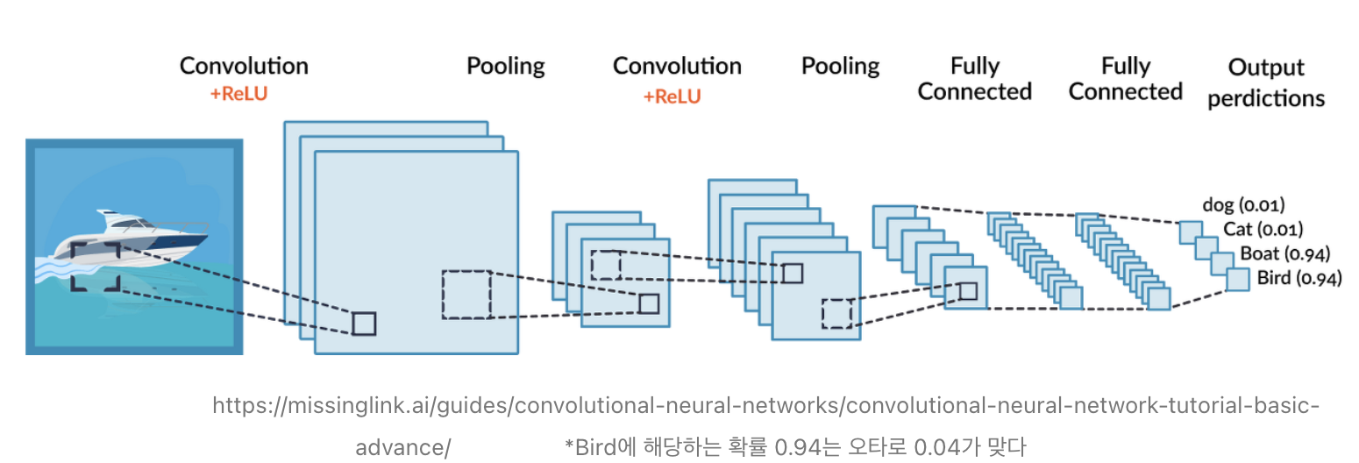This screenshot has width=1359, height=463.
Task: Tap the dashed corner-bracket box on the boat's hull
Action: coord(95,267)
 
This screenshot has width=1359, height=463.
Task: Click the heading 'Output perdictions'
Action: coord(1265,82)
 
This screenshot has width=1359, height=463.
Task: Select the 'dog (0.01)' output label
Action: coord(1243,205)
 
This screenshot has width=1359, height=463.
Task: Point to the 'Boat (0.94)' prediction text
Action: coord(1284,254)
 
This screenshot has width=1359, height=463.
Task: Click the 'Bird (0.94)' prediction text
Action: coord(1299,279)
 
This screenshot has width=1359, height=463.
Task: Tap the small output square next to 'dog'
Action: coord(1190,231)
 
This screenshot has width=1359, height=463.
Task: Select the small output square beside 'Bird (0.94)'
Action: coord(1237,280)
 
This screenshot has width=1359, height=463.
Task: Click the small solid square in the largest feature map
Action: coord(364,324)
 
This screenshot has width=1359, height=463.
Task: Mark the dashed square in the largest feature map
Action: coord(466,295)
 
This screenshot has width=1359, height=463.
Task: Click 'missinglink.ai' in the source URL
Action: coord(332,407)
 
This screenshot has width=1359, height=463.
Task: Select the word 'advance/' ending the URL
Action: coord(402,447)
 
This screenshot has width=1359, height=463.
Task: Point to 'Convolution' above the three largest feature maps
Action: coord(244,66)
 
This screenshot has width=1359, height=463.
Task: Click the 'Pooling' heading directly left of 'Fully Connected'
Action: coord(840,66)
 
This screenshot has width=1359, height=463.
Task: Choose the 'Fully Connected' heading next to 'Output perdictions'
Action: coord(1125,79)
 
